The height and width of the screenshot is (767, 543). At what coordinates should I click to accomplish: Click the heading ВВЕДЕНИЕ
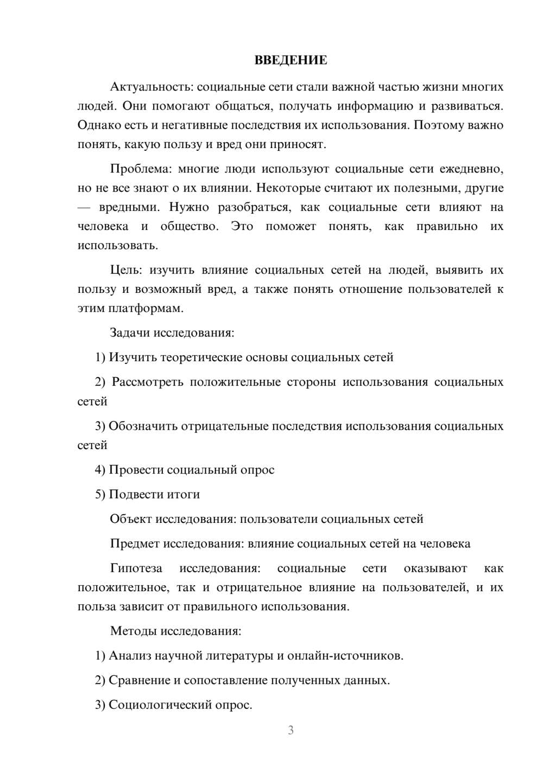point(291,60)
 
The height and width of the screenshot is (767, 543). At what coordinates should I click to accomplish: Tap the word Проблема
point(140,169)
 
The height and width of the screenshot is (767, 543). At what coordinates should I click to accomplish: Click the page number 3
point(291,730)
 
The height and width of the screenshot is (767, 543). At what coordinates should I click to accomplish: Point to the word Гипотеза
point(136,568)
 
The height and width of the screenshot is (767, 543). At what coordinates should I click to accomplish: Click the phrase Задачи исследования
point(172,333)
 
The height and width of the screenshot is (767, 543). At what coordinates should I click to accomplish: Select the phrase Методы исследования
point(175,631)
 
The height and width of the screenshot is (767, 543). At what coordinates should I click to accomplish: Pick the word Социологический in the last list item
point(154,705)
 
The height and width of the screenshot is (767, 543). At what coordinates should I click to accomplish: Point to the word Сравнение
point(139,680)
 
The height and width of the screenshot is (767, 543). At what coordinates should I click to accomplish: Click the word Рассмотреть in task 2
point(147,382)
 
